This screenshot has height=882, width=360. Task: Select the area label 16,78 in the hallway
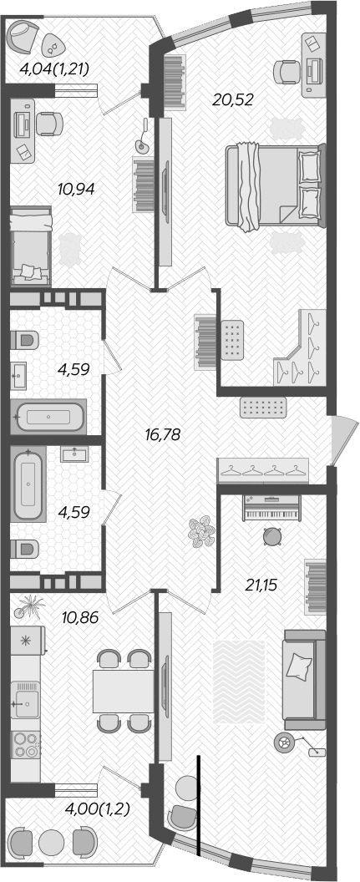click(162, 434)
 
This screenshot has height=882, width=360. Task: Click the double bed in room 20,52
click(273, 185)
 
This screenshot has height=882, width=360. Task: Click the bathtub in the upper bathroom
click(50, 416)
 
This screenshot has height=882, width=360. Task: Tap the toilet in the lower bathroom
click(26, 549)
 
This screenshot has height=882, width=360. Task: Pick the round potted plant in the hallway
click(201, 532)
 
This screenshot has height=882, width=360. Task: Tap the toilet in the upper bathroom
click(26, 340)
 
